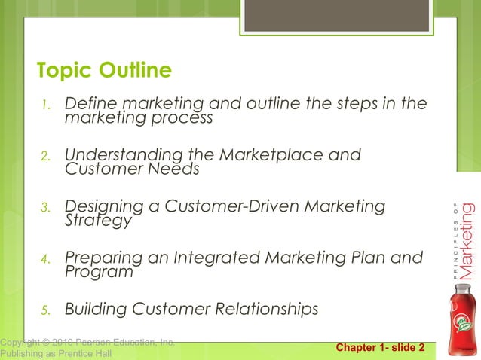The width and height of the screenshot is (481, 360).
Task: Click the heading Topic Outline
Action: [x=104, y=71]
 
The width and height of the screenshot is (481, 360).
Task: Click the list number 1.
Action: [x=44, y=105]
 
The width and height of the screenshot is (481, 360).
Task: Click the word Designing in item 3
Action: [x=106, y=206]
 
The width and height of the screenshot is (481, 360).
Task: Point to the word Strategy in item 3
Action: [x=98, y=221]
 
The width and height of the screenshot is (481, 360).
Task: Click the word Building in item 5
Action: [x=96, y=310]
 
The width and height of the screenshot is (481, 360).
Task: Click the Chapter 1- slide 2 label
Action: [x=380, y=348]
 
